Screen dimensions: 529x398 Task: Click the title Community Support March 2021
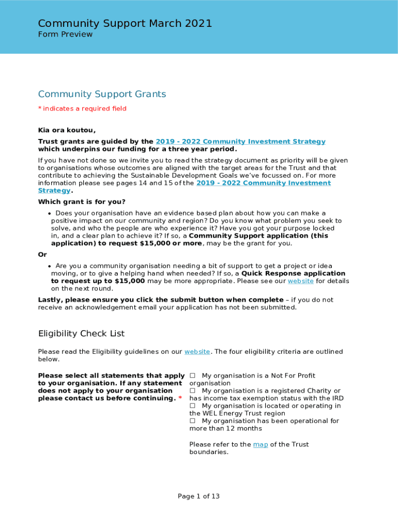(125, 23)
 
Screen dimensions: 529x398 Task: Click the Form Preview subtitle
(65, 35)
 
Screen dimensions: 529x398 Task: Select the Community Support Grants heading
(102, 94)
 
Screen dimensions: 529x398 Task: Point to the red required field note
(82, 108)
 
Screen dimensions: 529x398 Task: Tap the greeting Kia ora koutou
(67, 130)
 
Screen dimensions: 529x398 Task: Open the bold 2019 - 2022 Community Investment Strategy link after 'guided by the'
(240, 142)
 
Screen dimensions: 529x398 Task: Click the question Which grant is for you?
(82, 202)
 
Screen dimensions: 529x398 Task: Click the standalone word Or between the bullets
(42, 255)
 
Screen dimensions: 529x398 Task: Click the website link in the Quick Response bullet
(300, 282)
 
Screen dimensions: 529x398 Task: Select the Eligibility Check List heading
(81, 334)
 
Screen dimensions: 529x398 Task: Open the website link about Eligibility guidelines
(197, 352)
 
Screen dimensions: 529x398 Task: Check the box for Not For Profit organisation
(192, 376)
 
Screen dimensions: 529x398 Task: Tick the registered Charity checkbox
(192, 391)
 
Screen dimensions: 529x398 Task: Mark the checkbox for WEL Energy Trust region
(192, 406)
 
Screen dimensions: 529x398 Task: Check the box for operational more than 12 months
(192, 421)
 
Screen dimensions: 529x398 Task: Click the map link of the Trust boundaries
(260, 445)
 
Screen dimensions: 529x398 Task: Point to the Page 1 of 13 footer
(198, 496)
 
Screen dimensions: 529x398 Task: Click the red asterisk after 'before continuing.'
(180, 398)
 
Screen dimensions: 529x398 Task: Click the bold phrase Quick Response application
(293, 274)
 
